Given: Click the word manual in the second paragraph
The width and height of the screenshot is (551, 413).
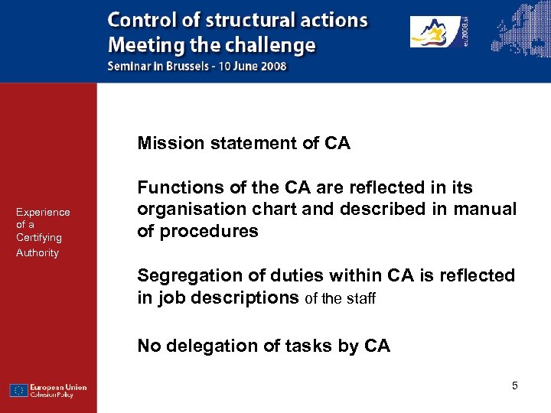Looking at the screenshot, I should pyautogui.click(x=487, y=209).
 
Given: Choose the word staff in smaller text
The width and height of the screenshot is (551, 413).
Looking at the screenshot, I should pyautogui.click(x=360, y=298).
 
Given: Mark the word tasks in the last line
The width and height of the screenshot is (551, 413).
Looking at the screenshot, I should pyautogui.click(x=308, y=346).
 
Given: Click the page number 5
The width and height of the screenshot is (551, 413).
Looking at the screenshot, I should pyautogui.click(x=515, y=385).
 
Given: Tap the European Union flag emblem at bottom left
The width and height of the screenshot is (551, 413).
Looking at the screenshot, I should pyautogui.click(x=19, y=390).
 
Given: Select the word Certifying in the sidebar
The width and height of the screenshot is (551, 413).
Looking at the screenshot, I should pyautogui.click(x=38, y=237).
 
